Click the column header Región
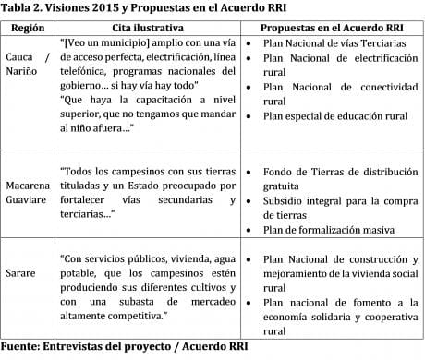click(27, 28)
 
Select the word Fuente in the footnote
click(23, 348)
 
